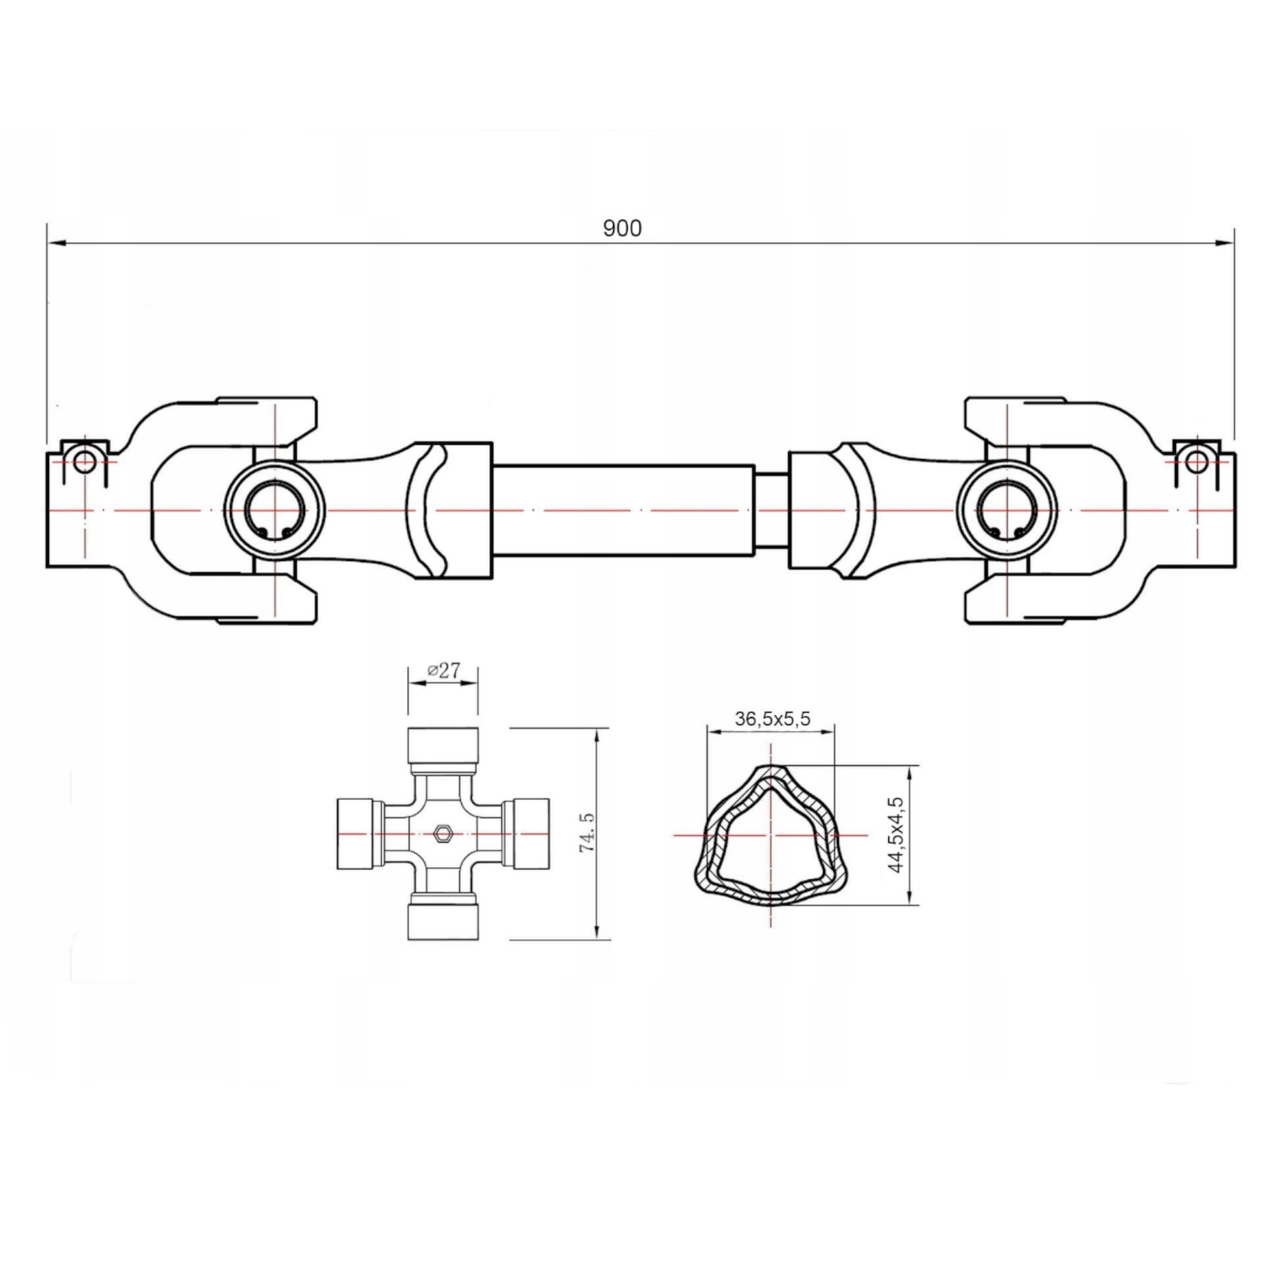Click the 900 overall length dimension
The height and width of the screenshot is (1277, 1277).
click(x=622, y=228)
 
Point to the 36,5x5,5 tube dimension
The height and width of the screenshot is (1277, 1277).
click(x=772, y=718)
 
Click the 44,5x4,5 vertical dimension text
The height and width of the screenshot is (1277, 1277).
click(x=896, y=834)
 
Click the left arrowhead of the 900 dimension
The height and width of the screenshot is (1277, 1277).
click(x=57, y=244)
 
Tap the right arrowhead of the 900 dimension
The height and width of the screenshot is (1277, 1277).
click(x=1224, y=244)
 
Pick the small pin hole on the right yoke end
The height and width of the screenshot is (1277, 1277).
click(x=1197, y=462)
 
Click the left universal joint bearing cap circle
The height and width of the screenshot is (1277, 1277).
click(x=275, y=510)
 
